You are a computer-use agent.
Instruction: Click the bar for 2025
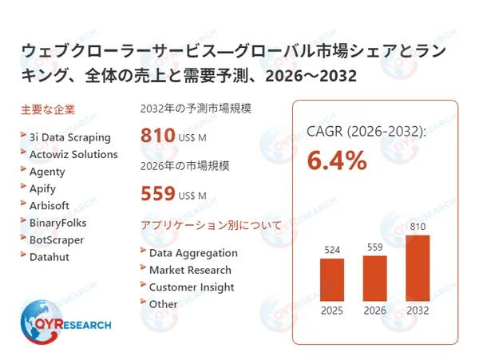point(332,279)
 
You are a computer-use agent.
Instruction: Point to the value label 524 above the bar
point(332,250)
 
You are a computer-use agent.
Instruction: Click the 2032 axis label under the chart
point(418,311)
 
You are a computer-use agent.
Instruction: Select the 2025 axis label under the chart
point(332,311)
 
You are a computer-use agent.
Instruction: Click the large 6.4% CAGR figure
point(337,162)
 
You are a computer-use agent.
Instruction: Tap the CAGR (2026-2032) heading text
point(366,131)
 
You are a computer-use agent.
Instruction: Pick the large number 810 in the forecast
point(157,135)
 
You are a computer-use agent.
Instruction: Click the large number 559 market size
point(157,193)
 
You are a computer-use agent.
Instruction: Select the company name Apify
point(44,188)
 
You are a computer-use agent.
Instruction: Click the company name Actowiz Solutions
point(73,154)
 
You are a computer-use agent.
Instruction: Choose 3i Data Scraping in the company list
point(69,137)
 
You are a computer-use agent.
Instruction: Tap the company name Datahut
point(50,256)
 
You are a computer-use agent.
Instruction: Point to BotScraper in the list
point(56,239)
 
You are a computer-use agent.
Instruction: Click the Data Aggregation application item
point(193,253)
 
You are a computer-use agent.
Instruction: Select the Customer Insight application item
point(192,287)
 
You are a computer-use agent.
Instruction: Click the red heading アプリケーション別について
point(210,225)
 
